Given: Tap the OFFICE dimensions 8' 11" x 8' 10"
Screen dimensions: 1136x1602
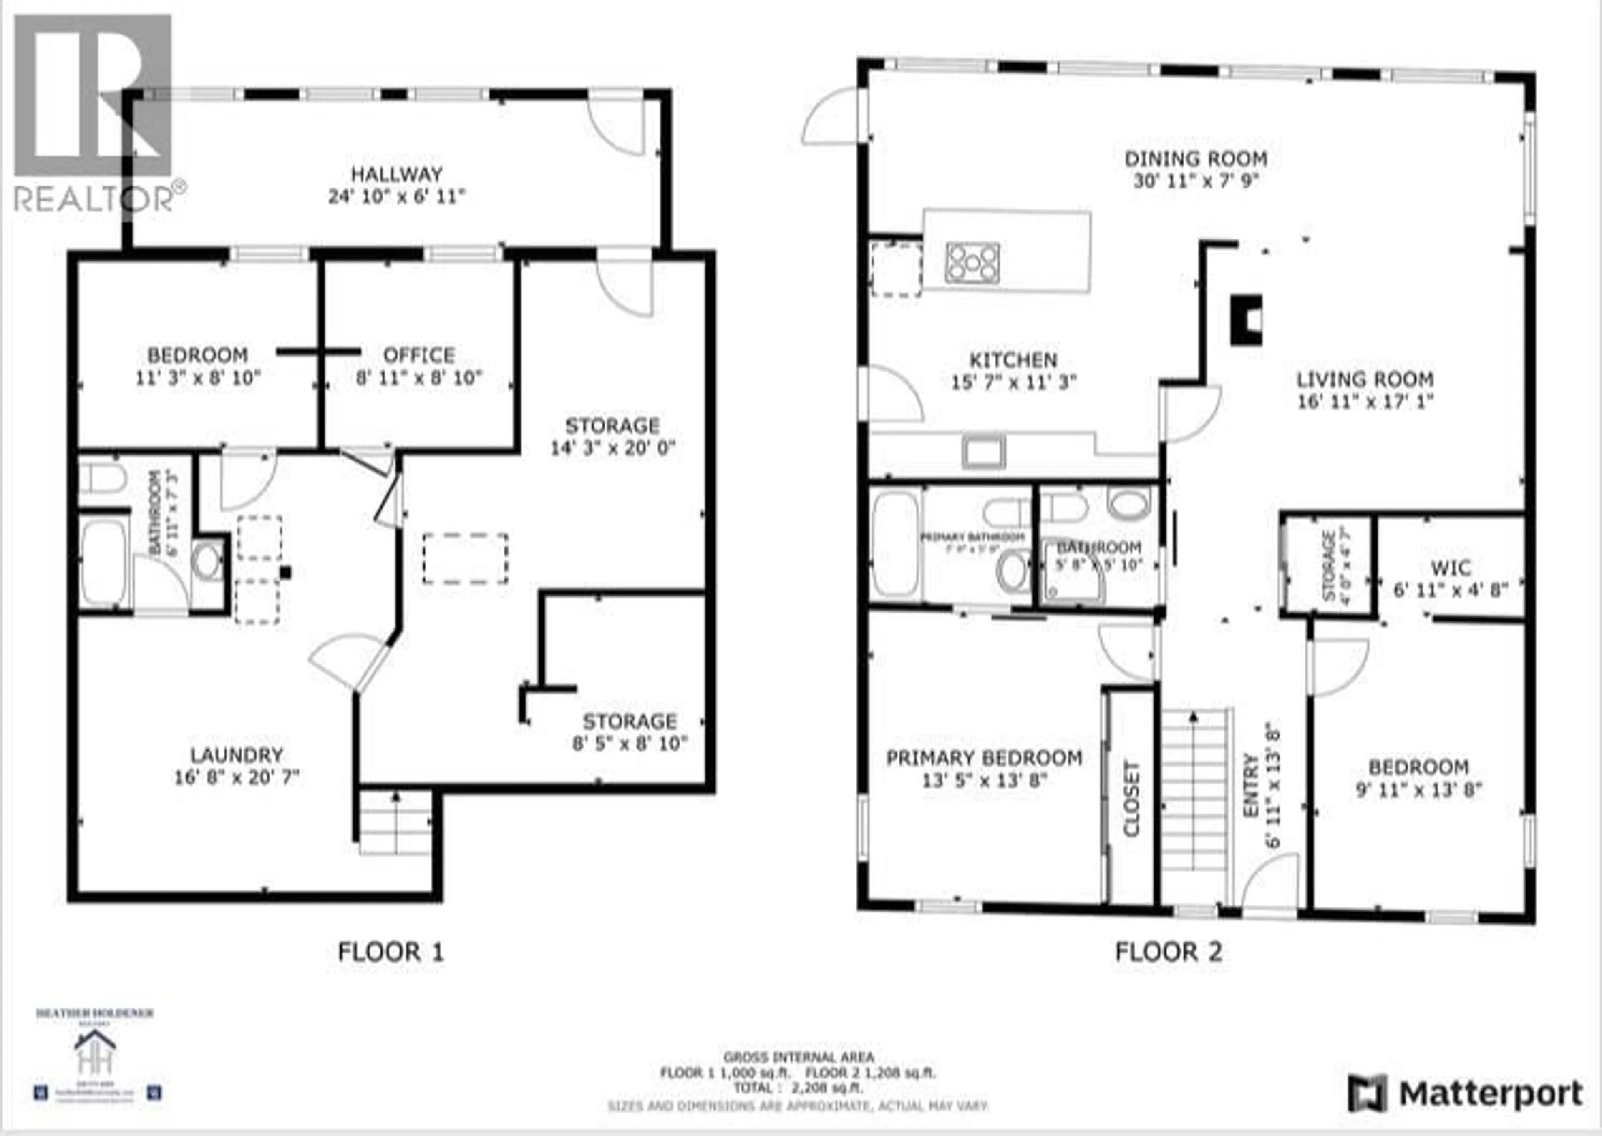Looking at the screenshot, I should [x=419, y=378].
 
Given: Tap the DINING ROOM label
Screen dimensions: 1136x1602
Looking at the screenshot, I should [x=1196, y=159].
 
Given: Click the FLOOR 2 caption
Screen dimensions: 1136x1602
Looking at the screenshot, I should [x=1168, y=951].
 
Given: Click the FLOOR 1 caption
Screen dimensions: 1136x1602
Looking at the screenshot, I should [x=390, y=951].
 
